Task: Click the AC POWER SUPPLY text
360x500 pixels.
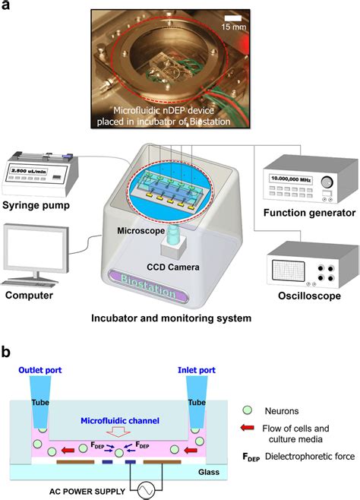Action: (94, 491)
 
